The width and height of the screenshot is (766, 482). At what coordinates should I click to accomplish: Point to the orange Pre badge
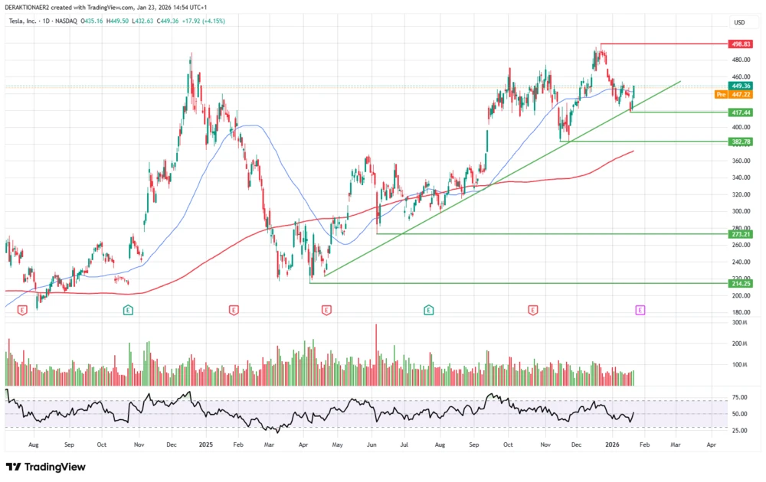tap(720, 95)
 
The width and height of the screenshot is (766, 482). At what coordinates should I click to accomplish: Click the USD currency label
tap(739, 22)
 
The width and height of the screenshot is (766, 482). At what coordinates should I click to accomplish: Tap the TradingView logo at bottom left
tap(46, 467)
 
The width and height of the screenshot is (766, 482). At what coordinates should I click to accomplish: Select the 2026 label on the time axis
tap(611, 444)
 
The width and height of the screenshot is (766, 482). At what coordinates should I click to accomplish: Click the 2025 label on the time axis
tap(205, 444)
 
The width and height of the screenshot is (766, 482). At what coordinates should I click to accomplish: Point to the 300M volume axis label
tap(738, 323)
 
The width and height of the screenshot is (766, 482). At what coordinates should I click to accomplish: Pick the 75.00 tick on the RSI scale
tap(740, 398)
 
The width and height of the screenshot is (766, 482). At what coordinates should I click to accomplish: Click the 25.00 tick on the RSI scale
tap(740, 431)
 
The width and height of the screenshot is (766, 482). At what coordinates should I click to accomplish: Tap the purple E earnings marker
tap(640, 310)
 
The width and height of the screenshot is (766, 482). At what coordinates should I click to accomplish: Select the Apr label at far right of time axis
tap(711, 444)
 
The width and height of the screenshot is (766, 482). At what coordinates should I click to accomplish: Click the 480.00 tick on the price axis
tap(740, 60)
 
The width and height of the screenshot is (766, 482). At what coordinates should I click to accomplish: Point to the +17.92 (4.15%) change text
tap(208, 22)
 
